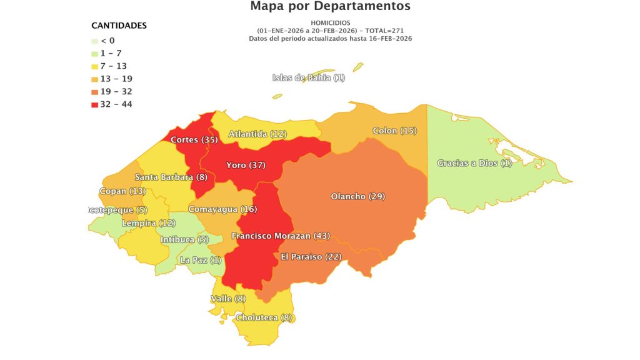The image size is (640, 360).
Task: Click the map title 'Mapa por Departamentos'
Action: point(330,7)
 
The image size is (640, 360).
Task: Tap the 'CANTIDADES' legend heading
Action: point(119,26)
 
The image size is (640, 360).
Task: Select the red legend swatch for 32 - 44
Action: point(94,104)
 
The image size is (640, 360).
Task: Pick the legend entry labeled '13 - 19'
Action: point(116,79)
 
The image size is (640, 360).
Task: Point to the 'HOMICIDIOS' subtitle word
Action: point(330,23)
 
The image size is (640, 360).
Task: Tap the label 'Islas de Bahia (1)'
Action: point(309,77)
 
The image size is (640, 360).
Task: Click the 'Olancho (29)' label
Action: point(357,196)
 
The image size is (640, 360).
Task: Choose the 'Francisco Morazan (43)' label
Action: point(281,236)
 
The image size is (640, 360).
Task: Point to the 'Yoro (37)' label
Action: point(246,166)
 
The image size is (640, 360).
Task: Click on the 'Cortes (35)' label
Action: point(194,140)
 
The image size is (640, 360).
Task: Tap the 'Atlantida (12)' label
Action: point(257,134)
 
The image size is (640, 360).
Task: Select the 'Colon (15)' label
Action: point(394,131)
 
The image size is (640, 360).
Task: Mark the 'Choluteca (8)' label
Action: point(264,317)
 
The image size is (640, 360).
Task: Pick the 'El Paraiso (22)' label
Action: point(310,257)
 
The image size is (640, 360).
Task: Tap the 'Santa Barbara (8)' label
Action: point(171,177)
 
